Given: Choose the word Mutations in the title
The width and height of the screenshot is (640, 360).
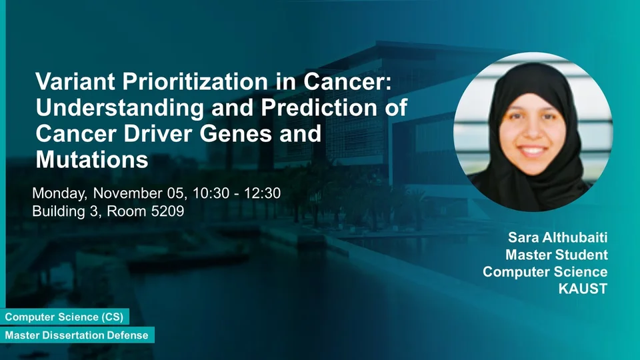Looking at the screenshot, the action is [92, 159].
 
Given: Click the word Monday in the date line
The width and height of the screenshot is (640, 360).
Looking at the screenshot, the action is [59, 193].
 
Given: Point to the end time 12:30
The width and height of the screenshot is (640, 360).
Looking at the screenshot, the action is [263, 193].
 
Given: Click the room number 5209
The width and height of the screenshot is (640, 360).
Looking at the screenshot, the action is [167, 211].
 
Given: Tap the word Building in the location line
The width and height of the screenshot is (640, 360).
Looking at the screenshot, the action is [61, 212].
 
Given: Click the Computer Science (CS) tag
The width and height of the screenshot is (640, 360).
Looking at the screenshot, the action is [65, 317].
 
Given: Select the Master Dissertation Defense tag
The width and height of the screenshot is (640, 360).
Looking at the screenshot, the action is [77, 335].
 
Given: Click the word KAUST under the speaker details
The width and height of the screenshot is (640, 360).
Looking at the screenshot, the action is [583, 289].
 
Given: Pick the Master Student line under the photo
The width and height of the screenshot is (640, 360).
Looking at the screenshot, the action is [557, 255].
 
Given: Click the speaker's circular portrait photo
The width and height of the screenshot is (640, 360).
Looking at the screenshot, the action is [533, 132].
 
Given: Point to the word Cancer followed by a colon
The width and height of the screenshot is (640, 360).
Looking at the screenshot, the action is [347, 81].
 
